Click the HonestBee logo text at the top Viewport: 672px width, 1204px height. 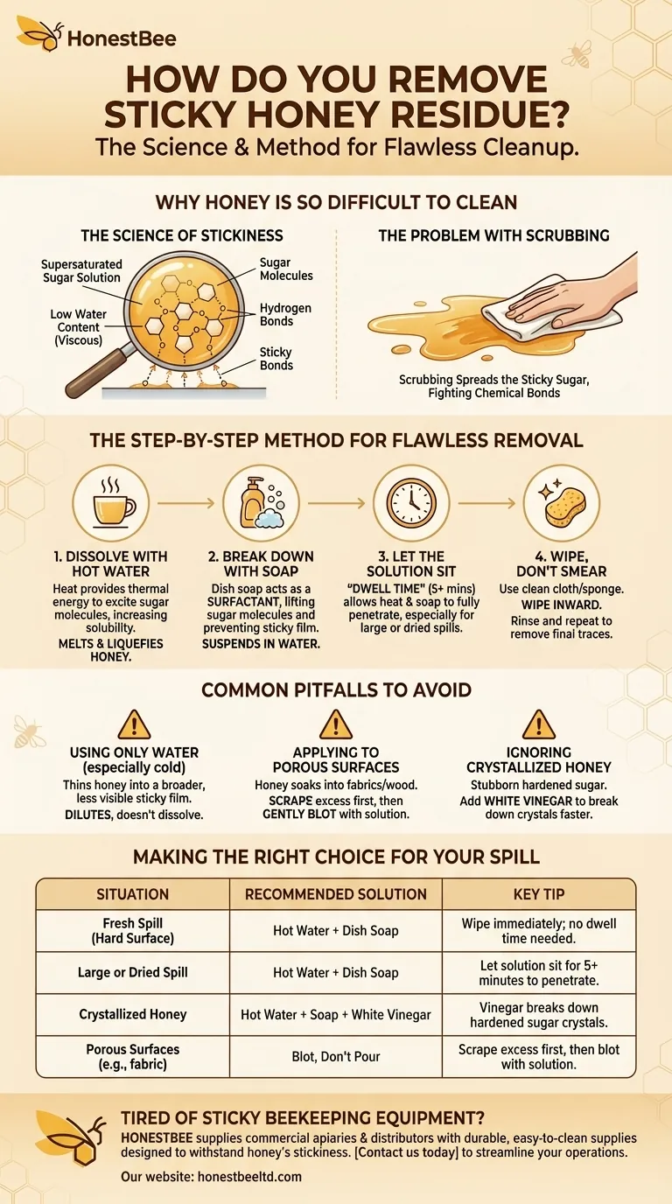(x=122, y=38)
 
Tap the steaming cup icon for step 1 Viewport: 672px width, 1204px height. (x=115, y=503)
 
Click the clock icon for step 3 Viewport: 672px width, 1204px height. (x=409, y=503)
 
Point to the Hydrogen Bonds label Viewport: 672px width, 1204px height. (x=285, y=315)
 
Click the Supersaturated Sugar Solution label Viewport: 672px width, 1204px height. (x=81, y=270)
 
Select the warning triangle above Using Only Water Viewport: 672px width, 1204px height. (x=134, y=725)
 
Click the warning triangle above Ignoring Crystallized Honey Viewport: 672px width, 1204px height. (x=537, y=725)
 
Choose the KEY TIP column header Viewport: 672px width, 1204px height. (x=539, y=894)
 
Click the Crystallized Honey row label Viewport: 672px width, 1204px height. (x=132, y=1014)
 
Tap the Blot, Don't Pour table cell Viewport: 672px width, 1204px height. (x=336, y=1056)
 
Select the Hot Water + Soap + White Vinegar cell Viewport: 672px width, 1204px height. (x=336, y=1014)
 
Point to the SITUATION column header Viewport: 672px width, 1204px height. (x=132, y=894)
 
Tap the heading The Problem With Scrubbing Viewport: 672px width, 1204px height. (x=493, y=235)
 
